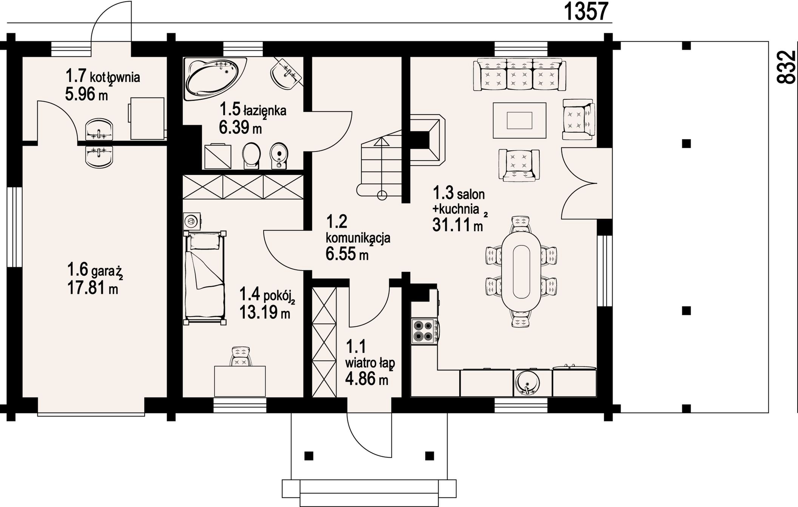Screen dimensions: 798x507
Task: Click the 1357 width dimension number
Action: [x=587, y=11]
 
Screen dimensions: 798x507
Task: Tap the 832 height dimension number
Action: [x=786, y=67]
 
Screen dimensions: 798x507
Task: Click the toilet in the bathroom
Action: [x=252, y=155]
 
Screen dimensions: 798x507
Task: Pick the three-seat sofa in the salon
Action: [x=520, y=74]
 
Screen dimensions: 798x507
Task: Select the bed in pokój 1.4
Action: [x=205, y=278]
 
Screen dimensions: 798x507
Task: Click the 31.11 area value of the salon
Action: [x=452, y=225]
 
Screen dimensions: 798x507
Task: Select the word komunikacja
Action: [x=358, y=238]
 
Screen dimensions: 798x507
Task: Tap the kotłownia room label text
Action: [x=115, y=77]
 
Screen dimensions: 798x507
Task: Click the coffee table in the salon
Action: [x=519, y=121]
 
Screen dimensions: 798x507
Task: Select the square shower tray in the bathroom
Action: [x=218, y=156]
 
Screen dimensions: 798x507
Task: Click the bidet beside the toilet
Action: [x=279, y=155]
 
